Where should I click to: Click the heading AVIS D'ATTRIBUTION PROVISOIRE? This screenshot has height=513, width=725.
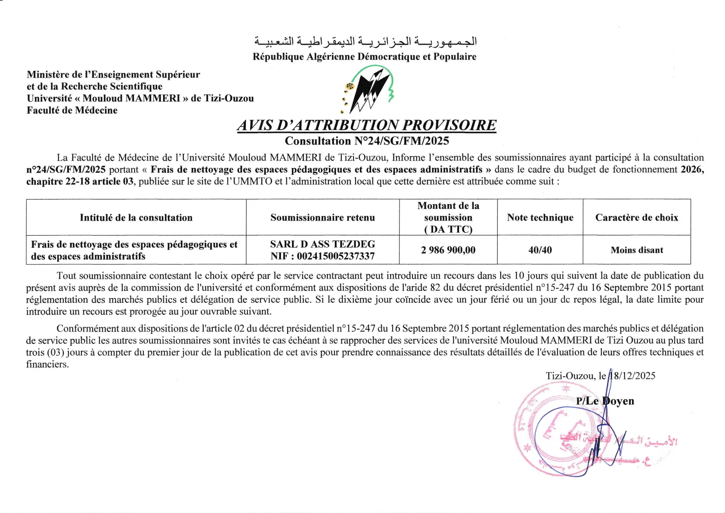tap(366, 125)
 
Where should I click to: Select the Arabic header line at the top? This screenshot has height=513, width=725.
tap(366, 42)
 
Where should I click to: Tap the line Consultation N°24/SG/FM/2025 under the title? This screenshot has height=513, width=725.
tap(367, 141)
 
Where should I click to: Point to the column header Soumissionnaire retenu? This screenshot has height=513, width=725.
tap(322, 218)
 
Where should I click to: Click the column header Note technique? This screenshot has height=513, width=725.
tap(540, 218)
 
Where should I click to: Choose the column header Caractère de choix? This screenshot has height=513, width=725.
tap(636, 218)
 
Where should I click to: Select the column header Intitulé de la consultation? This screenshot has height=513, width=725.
tap(136, 218)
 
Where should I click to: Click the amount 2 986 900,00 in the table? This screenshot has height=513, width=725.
tap(448, 250)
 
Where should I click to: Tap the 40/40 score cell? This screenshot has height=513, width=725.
tap(540, 250)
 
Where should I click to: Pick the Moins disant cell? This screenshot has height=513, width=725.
tap(637, 250)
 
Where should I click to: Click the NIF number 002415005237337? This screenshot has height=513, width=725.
tap(336, 256)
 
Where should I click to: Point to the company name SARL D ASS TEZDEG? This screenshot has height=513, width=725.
tap(322, 244)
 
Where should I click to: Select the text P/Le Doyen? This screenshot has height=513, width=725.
tap(605, 401)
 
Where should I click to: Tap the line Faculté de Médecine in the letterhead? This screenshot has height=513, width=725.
tap(72, 110)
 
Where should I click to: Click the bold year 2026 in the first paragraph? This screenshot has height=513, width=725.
tap(692, 169)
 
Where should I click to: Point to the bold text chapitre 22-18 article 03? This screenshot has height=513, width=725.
tap(80, 181)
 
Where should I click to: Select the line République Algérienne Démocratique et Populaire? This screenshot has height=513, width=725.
tap(364, 57)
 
